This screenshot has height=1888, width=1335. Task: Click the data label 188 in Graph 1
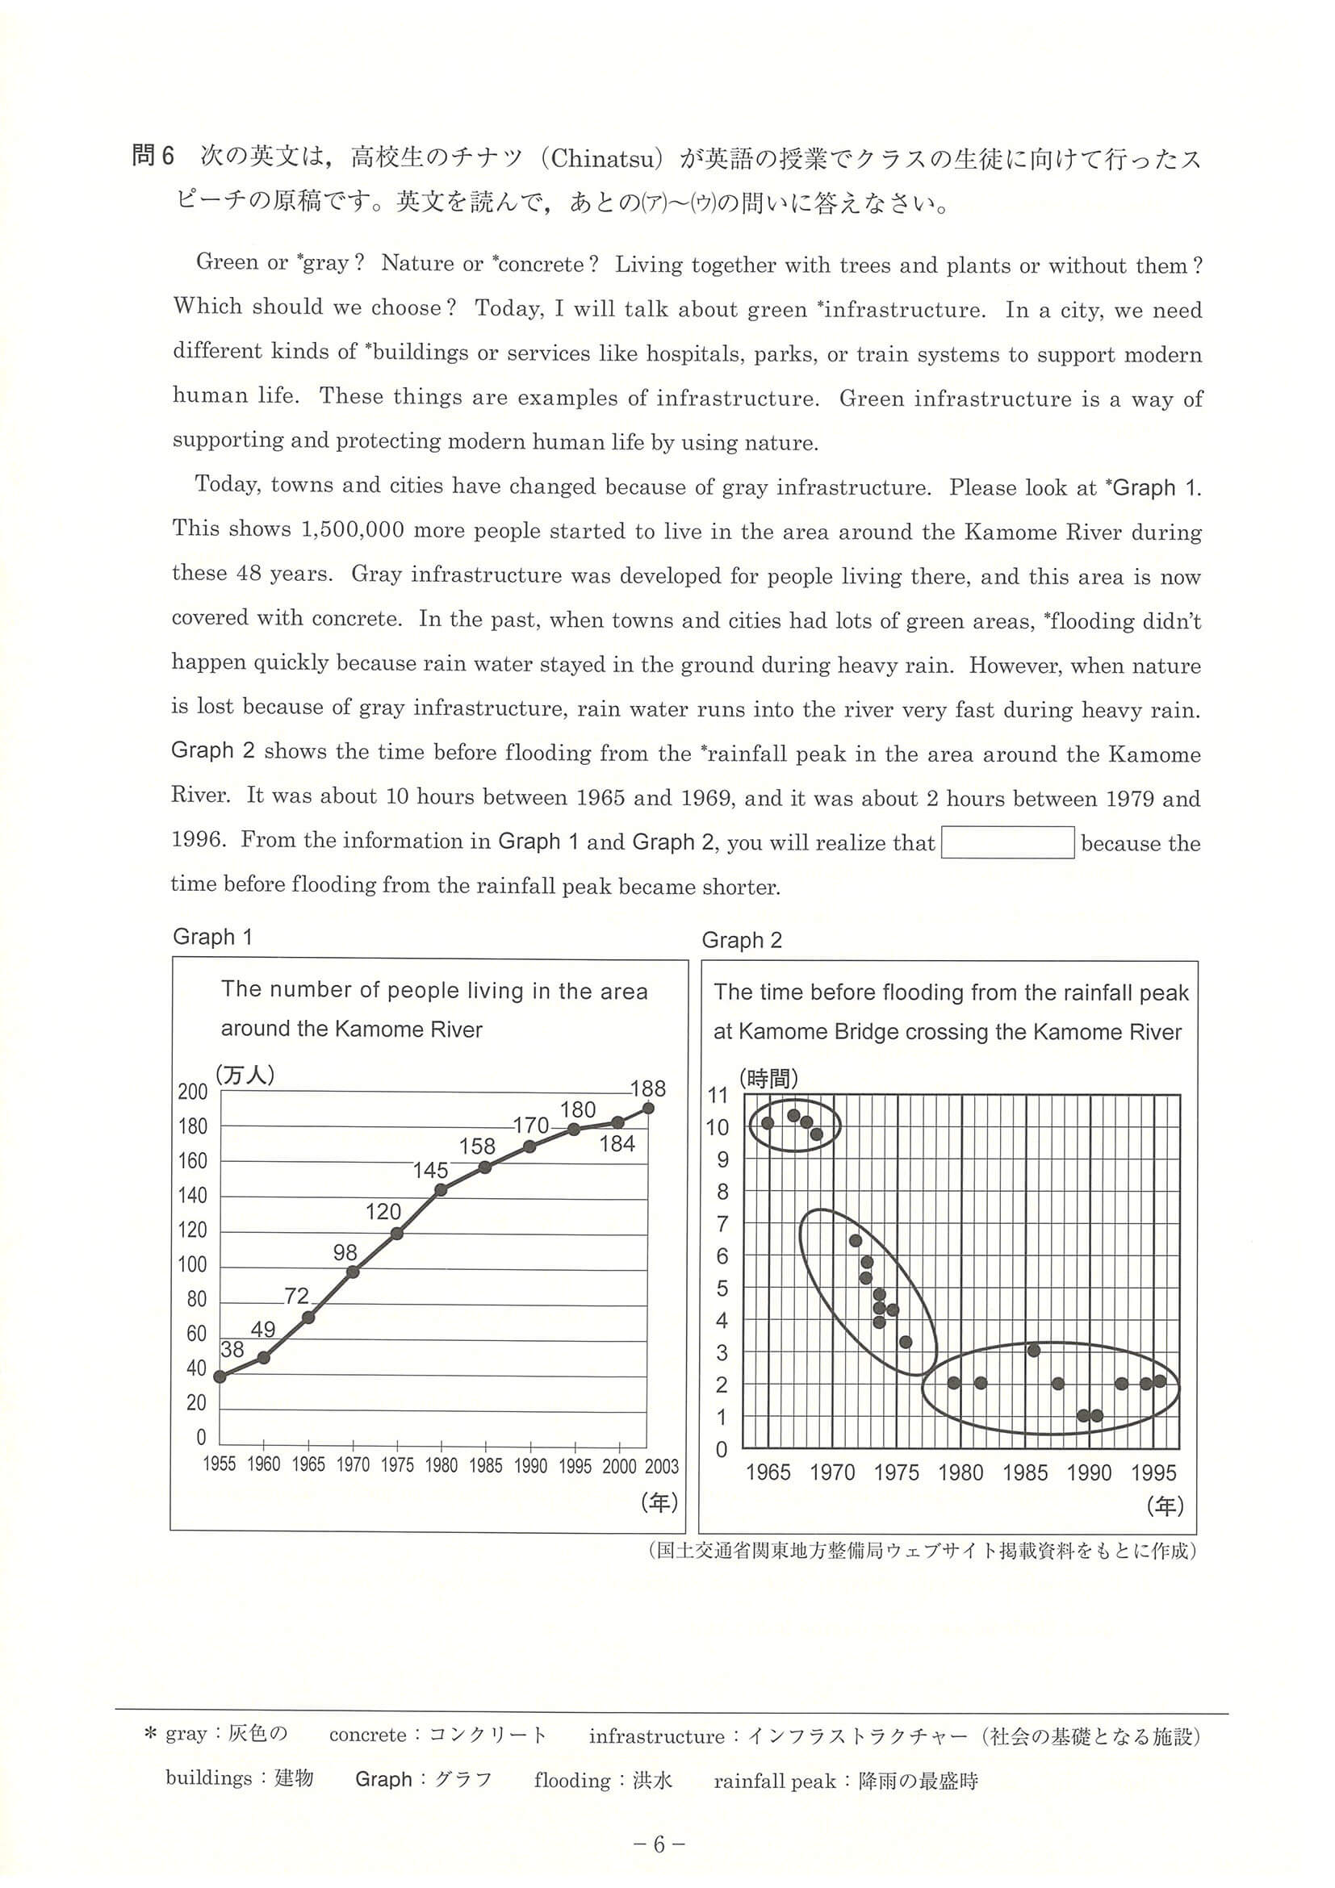647,1088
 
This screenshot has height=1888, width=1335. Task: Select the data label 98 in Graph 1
345,1252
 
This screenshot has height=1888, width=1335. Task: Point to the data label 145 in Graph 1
430,1170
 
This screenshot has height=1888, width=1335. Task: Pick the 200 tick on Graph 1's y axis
192,1092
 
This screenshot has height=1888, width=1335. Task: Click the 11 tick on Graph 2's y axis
718,1096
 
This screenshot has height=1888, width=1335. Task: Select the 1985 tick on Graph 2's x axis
1025,1472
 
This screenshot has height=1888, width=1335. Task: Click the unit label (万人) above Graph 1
245,1075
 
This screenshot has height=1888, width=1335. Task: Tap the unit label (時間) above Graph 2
768,1078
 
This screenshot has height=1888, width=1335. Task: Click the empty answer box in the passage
1006,843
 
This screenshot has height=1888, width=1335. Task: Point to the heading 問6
154,157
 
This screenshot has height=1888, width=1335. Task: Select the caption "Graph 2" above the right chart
741,941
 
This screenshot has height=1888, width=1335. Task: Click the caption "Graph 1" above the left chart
212,937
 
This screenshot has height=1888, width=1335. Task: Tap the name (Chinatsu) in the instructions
604,158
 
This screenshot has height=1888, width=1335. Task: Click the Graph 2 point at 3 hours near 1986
1034,1350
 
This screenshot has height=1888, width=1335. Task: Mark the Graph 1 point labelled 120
396,1234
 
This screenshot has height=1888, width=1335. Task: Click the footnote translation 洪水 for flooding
652,1781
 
